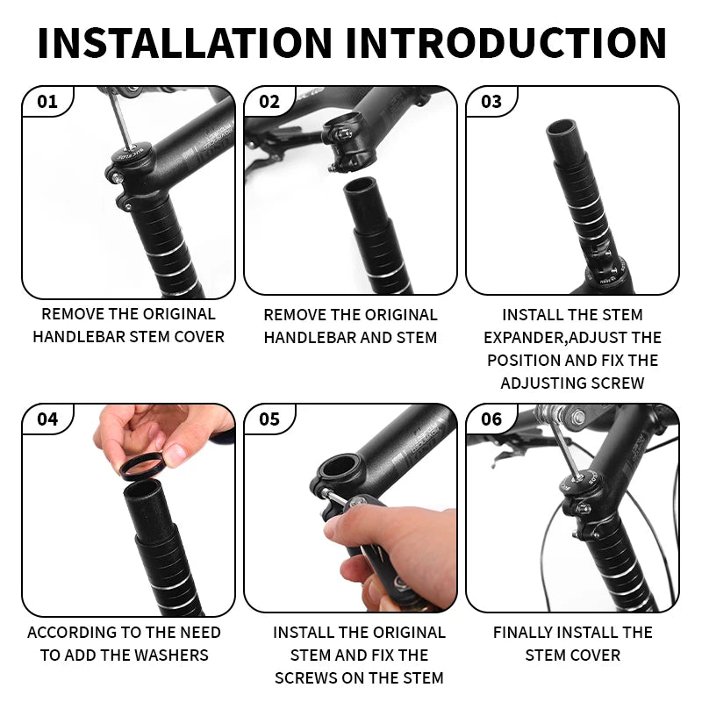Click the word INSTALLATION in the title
coord(185,43)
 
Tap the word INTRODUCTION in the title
coord(506,43)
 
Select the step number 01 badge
coord(47,102)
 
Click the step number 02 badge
coord(269,102)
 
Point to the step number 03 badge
coord(491,102)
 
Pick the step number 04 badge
coord(47,419)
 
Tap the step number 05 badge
coord(269,419)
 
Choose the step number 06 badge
coord(491,419)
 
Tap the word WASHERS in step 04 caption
coord(171,655)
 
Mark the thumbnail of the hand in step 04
coord(178,454)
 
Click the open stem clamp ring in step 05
coord(339,469)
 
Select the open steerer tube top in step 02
coord(361,184)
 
